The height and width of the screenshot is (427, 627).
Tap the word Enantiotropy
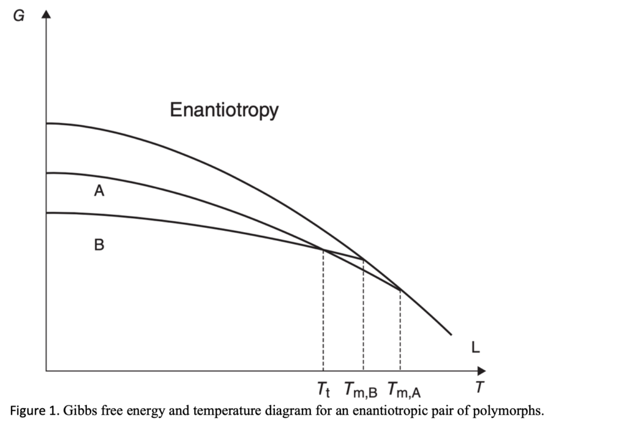(x=223, y=110)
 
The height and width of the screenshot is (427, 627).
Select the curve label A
(x=99, y=192)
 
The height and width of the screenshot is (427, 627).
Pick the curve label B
(x=99, y=246)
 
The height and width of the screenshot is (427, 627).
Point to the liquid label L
(x=475, y=347)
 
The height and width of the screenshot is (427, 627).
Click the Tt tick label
(x=323, y=388)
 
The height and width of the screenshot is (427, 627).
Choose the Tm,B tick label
(x=361, y=389)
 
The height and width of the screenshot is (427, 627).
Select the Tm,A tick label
(x=404, y=389)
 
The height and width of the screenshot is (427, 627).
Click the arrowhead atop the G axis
(x=45, y=13)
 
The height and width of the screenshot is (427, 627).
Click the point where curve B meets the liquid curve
(x=364, y=260)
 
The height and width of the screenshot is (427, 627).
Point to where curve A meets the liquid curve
(x=400, y=290)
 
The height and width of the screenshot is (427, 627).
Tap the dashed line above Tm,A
(x=400, y=331)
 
